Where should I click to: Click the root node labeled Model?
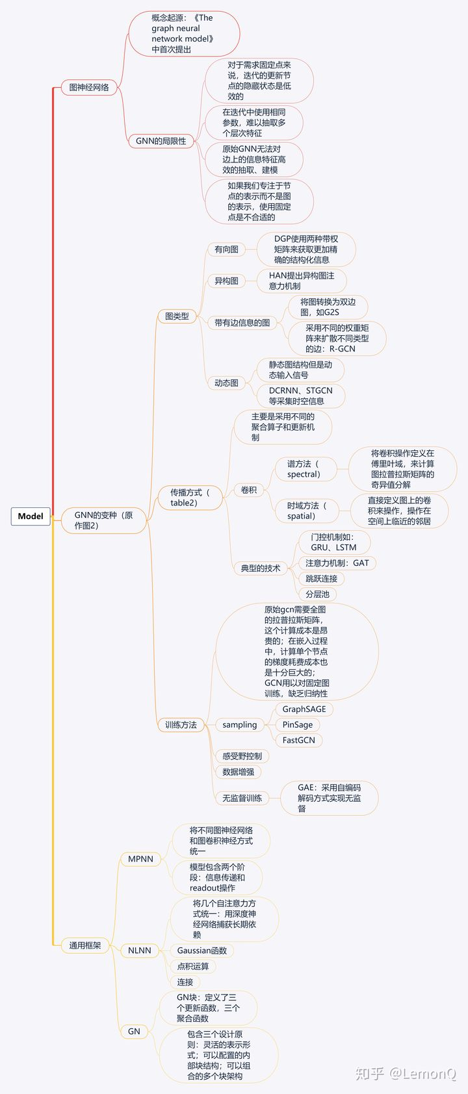click(x=31, y=516)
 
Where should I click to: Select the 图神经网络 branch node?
click(x=89, y=87)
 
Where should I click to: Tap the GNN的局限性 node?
click(x=161, y=141)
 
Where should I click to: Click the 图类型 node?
click(x=177, y=316)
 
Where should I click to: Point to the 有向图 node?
click(x=226, y=249)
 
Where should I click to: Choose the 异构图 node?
click(x=226, y=281)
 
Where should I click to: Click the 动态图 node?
click(x=226, y=383)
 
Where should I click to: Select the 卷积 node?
click(x=249, y=490)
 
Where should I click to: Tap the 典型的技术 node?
click(x=261, y=568)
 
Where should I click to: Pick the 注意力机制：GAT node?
click(x=337, y=563)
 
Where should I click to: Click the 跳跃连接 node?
click(x=322, y=579)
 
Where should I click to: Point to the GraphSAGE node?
click(x=304, y=709)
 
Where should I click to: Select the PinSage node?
click(x=298, y=725)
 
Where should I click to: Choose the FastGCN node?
click(x=299, y=741)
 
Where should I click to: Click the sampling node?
click(x=240, y=725)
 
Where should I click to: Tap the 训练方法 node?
click(x=181, y=725)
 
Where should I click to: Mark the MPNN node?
click(x=140, y=859)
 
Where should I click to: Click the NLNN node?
click(x=140, y=950)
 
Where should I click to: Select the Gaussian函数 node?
click(x=202, y=950)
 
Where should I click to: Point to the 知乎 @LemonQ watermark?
click(x=406, y=1074)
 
